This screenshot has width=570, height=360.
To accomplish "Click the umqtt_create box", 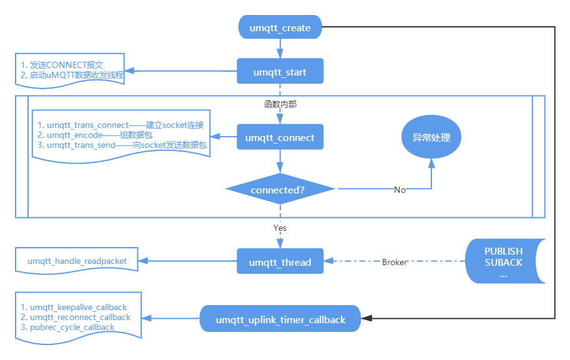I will (280, 27).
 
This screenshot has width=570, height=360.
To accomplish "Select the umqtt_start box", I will (280, 72).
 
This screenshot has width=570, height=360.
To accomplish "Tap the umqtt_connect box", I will (280, 137).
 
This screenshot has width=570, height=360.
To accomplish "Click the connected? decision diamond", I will (280, 189).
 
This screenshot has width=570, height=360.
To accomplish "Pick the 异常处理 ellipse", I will (431, 137).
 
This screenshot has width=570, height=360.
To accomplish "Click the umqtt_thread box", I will (280, 261).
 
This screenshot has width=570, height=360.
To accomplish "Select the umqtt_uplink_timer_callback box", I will (280, 319).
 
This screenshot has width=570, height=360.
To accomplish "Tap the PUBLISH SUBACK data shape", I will (503, 262).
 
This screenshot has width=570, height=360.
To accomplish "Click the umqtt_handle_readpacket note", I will (77, 261).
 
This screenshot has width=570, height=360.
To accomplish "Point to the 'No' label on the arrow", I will (400, 190).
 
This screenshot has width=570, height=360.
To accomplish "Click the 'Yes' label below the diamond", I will (280, 228).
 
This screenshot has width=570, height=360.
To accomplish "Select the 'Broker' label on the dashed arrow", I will (395, 262).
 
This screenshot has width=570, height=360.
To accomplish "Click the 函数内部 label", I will (280, 104).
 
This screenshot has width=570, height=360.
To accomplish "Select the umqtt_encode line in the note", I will (99, 135).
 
